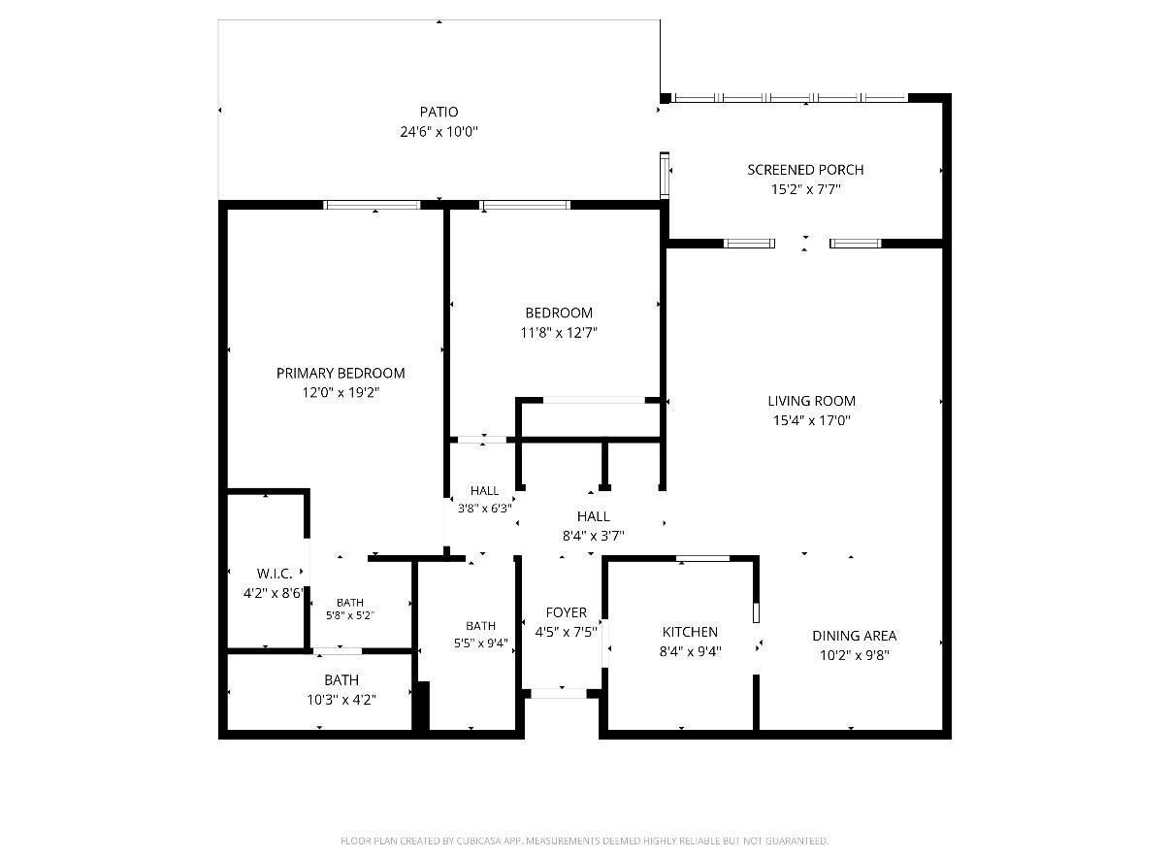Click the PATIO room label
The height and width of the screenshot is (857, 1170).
439,112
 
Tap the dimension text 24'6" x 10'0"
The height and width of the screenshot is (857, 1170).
439,132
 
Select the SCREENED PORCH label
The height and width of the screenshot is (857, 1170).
805,170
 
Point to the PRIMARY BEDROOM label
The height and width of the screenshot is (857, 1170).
341,373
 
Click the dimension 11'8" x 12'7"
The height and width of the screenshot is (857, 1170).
559,332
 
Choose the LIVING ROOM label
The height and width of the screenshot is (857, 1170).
811,401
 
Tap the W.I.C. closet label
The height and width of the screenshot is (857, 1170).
275,574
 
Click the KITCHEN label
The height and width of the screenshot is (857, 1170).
690,632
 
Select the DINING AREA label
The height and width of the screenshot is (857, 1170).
854,636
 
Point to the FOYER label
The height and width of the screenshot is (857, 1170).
566,612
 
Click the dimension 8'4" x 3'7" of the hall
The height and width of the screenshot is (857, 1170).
593,536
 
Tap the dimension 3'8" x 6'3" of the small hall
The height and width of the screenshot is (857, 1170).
484,508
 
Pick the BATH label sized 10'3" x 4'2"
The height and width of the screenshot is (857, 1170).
341,679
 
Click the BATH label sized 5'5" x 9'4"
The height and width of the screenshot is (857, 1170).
480,625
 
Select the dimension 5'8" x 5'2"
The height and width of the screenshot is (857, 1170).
350,615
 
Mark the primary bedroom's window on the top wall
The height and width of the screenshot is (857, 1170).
372,205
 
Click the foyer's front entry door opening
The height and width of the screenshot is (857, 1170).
559,693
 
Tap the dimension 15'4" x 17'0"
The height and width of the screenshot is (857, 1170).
811,420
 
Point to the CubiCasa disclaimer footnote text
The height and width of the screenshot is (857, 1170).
584,841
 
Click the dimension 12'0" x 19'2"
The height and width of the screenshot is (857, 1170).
341,392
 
